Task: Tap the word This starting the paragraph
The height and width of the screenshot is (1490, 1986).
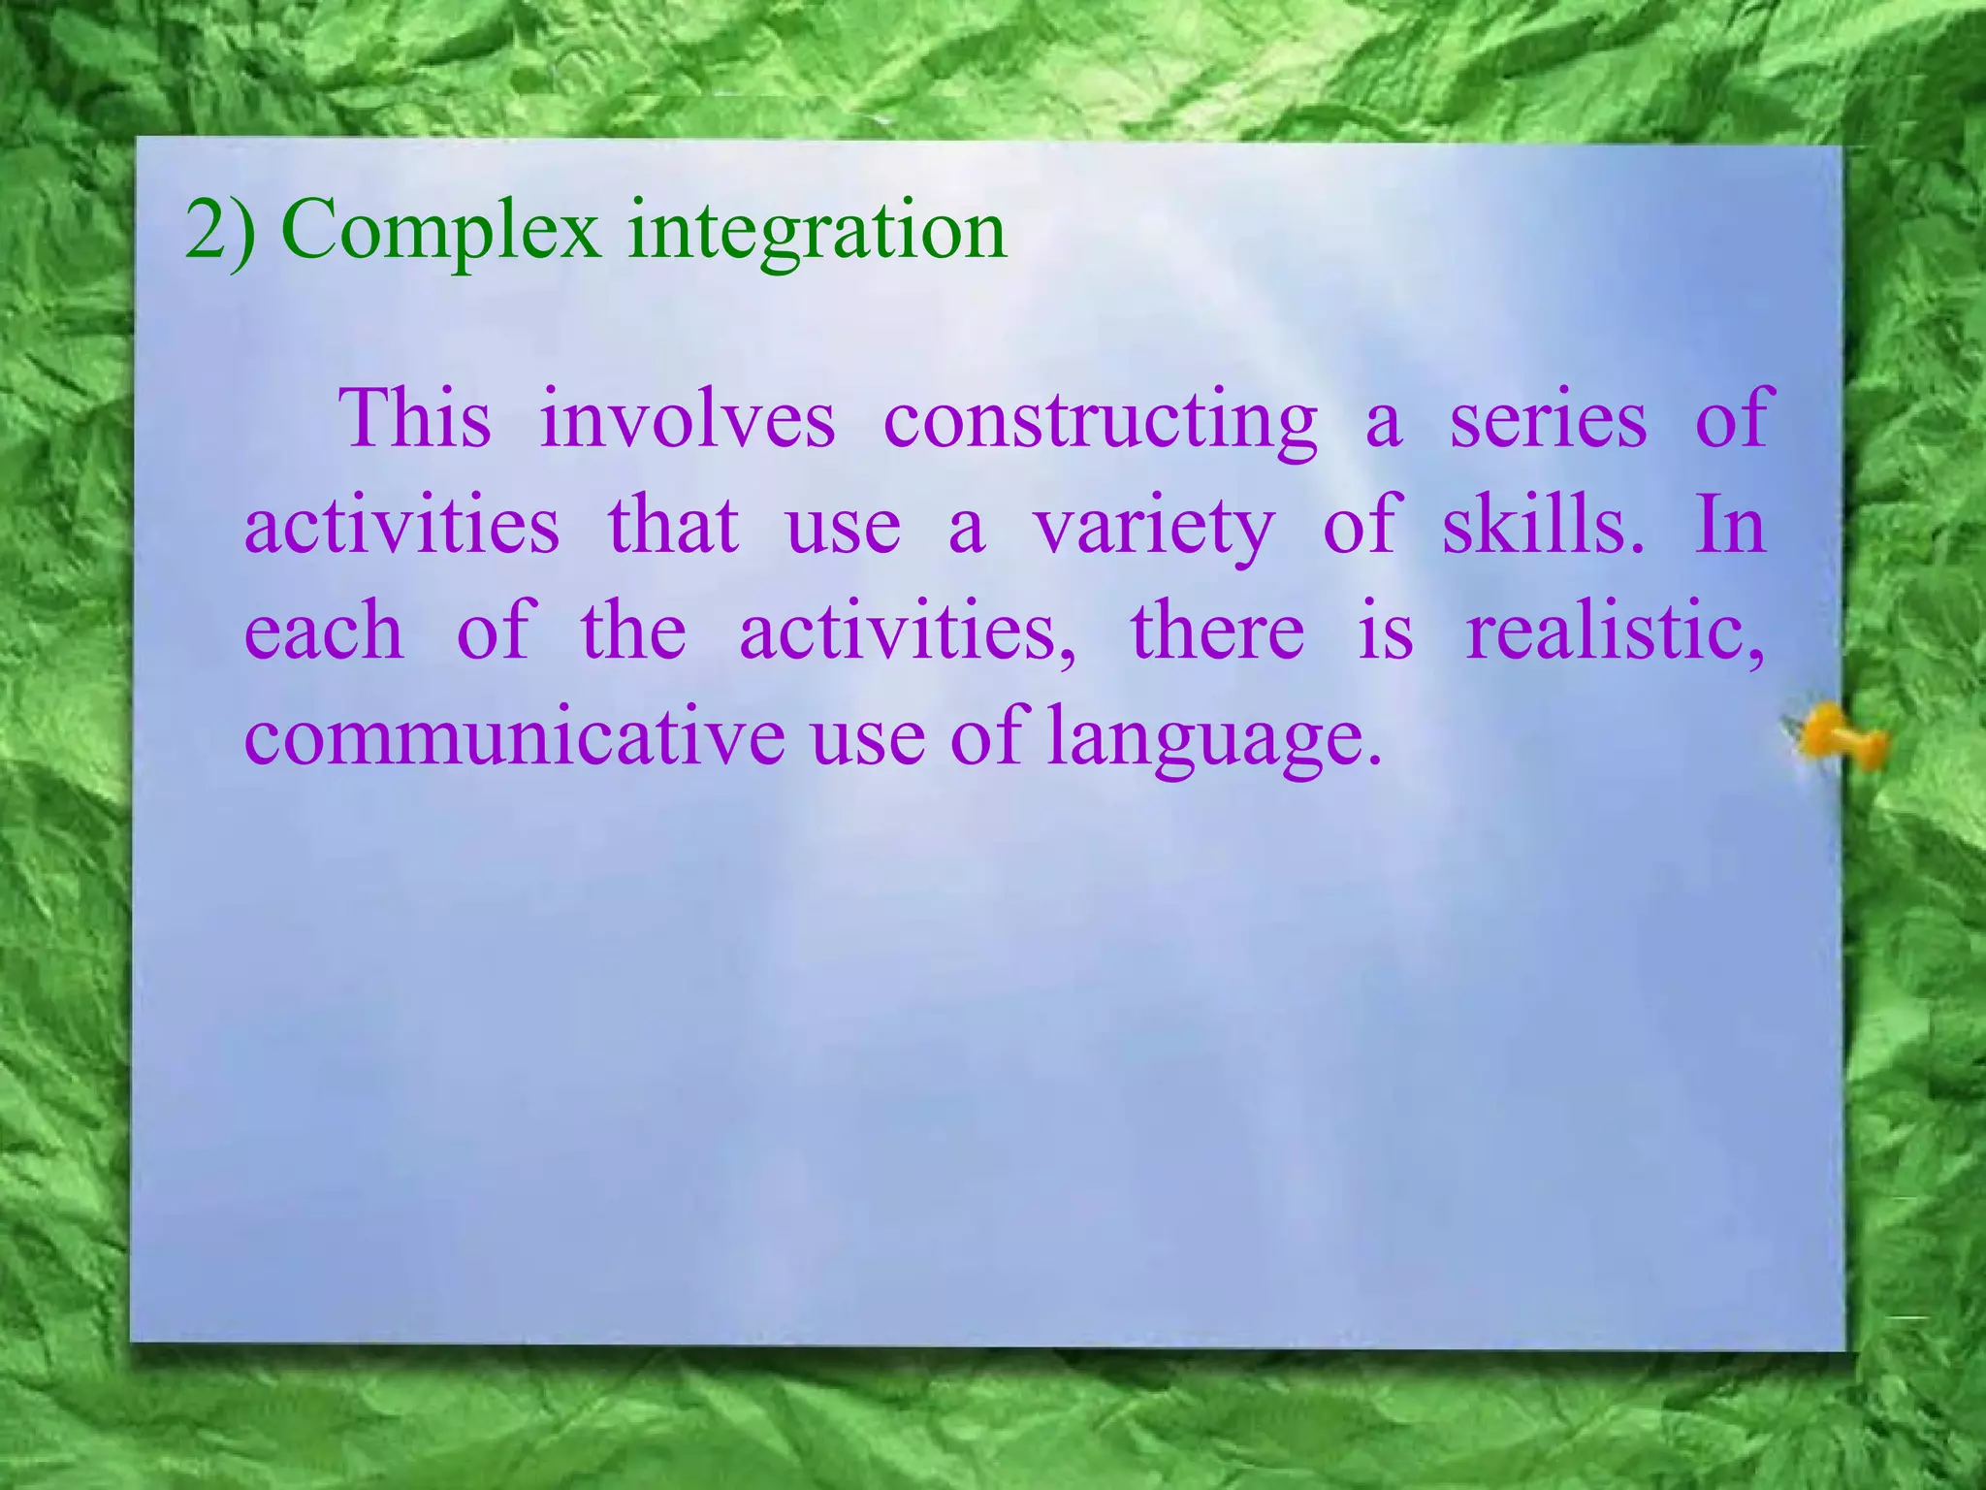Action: click(x=415, y=419)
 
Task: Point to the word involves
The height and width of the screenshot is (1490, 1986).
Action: click(x=687, y=419)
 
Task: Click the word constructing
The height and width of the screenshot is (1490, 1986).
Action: click(x=1100, y=419)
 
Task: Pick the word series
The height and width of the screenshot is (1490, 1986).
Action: click(x=1548, y=419)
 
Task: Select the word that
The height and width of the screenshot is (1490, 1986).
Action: click(x=673, y=526)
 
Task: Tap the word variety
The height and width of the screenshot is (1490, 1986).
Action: click(x=1153, y=526)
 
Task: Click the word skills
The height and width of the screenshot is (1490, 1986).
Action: click(x=1542, y=526)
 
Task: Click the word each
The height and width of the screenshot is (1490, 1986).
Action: click(x=323, y=632)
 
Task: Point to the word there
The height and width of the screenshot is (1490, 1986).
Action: click(x=1217, y=632)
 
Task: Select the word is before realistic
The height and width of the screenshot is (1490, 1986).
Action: click(x=1385, y=632)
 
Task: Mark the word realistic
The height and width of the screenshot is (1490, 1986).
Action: click(x=1614, y=632)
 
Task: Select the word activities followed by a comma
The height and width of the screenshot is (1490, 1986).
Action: click(x=907, y=632)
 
